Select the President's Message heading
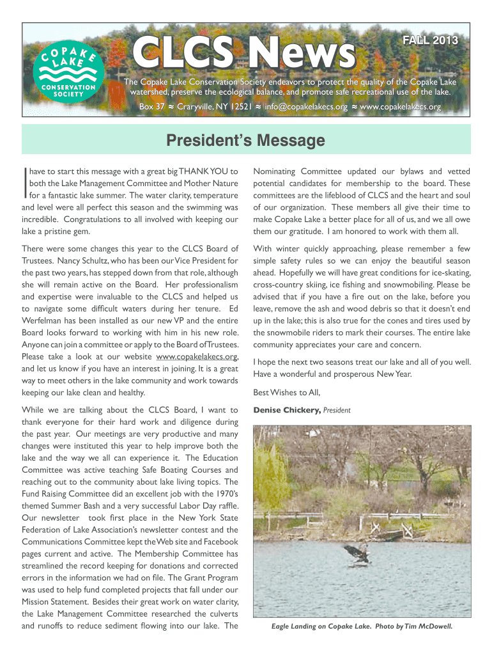tap(246, 141)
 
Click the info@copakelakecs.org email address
tap(306, 107)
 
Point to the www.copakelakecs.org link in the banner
tap(401, 107)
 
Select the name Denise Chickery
tap(287, 410)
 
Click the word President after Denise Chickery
tap(337, 410)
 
